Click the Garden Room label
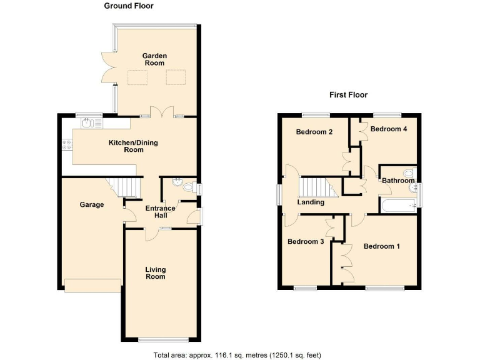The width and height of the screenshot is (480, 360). pos(155,59)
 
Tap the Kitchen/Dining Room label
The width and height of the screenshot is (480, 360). pos(133,146)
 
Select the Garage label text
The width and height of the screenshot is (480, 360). pos(91,204)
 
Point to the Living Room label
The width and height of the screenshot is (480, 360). pos(155,273)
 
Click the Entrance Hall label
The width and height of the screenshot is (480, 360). pos(161,212)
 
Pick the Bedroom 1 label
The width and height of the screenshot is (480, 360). pos(381,246)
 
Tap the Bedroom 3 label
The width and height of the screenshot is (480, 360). pos(305,241)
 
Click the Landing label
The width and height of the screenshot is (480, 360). pos(311,202)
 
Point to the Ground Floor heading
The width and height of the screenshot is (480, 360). pos(128,6)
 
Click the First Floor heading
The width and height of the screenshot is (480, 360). pos(348,95)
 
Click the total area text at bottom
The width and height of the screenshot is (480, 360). pos(237,354)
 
